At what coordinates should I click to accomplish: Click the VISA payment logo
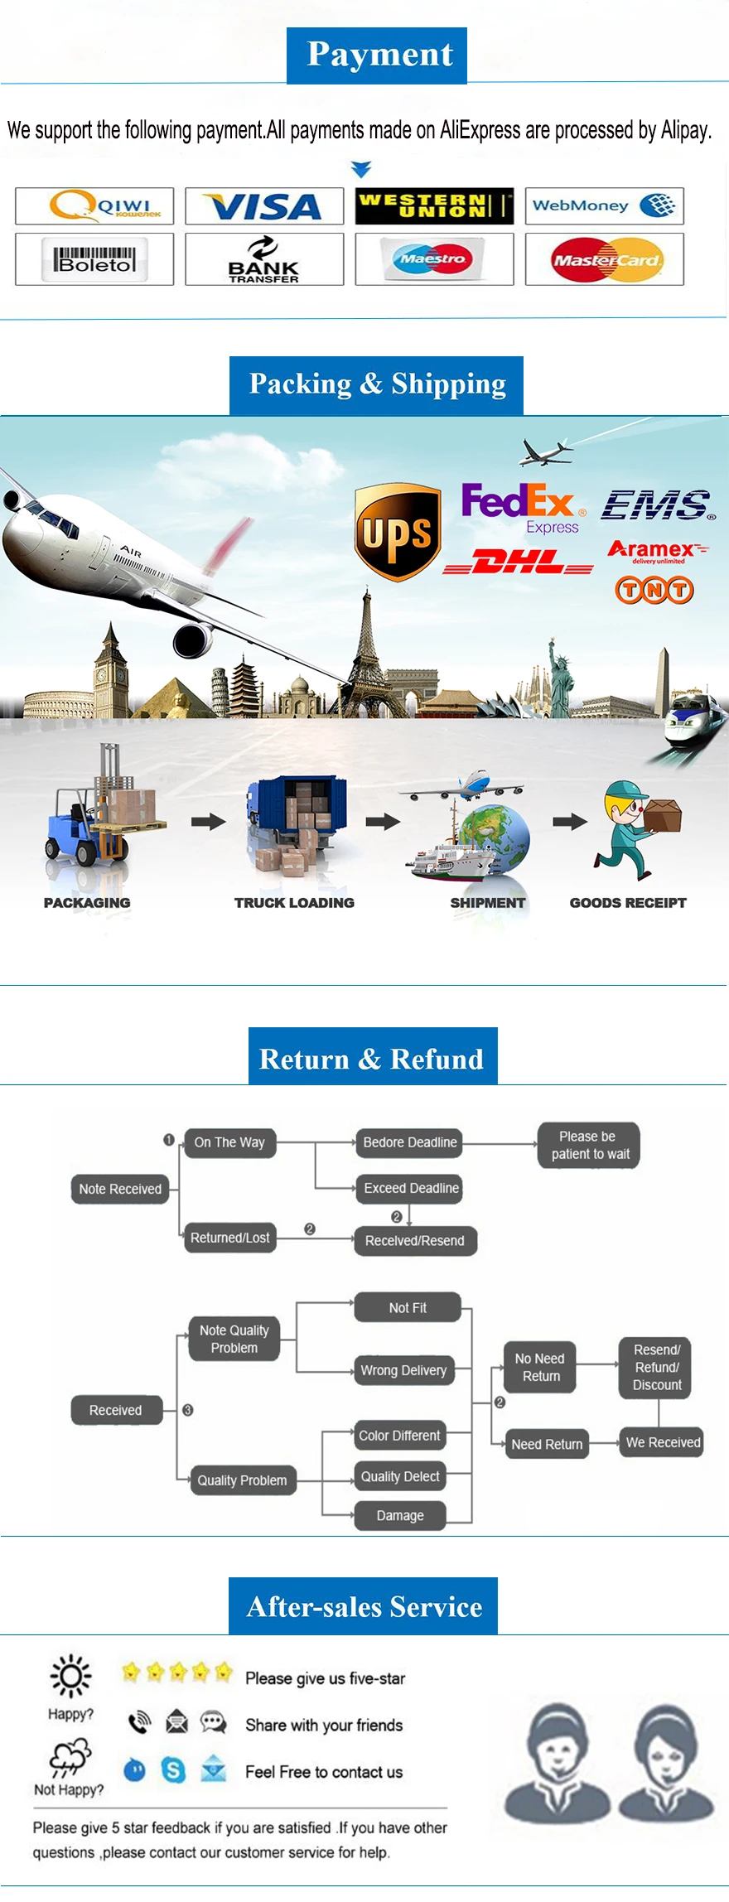point(264,206)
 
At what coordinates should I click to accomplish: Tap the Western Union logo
point(434,206)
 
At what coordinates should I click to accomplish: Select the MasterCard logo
point(605,260)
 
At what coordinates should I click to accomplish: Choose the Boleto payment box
point(94,260)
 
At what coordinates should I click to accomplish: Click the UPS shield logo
point(398,532)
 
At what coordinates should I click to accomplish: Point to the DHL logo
point(519,563)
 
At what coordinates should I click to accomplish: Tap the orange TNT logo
point(654,590)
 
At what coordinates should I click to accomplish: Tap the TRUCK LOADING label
point(294,903)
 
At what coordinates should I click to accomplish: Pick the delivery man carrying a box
point(635,828)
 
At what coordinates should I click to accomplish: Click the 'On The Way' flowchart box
point(229,1142)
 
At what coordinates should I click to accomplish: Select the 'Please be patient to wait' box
point(589,1146)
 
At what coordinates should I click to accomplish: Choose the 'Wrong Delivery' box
point(403,1371)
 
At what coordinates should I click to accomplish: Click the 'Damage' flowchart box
point(400,1515)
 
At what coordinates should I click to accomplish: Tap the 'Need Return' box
point(547,1444)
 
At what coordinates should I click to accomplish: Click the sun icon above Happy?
point(70,1676)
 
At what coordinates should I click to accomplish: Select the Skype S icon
point(173,1771)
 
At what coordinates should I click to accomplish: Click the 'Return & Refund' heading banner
point(373,1058)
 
